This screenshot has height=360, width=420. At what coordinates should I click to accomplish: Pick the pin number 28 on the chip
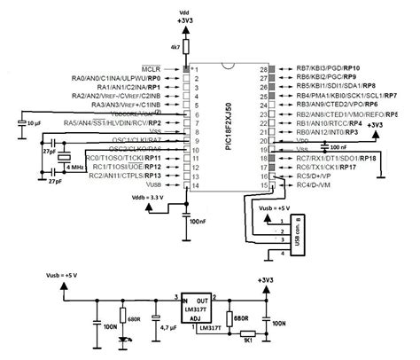click(x=262, y=68)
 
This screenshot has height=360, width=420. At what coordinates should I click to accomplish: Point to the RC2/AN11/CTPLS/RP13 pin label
click(x=116, y=176)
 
